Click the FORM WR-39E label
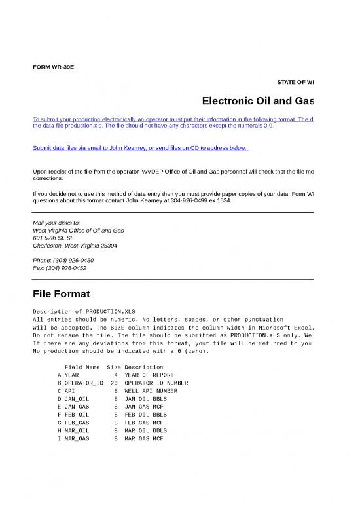pos(54,67)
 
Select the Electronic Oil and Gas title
pos(258,102)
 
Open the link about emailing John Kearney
pos(140,148)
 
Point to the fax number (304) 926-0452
pos(60,268)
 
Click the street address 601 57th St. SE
pos(56,238)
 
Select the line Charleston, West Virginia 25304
pos(75,246)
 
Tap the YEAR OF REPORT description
pos(149,375)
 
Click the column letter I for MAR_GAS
pos(59,438)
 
